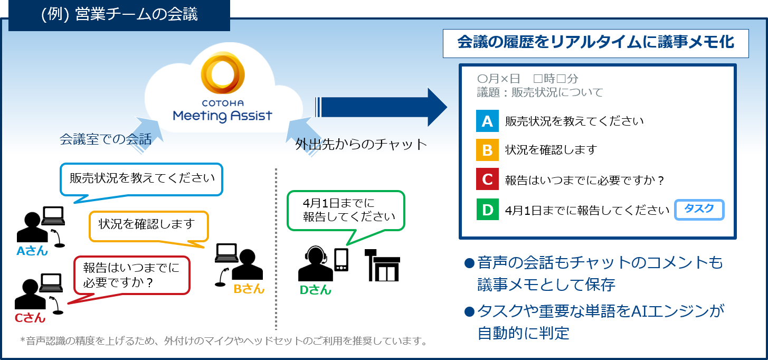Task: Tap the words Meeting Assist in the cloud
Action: click(223, 116)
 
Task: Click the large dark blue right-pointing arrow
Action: click(381, 107)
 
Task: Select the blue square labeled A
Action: click(487, 121)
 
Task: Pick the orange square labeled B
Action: click(487, 150)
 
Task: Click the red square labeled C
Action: click(487, 179)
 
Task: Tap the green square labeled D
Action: click(487, 210)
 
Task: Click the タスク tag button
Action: click(699, 210)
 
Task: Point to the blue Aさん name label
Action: click(32, 251)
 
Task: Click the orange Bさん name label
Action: click(249, 289)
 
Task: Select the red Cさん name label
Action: click(30, 318)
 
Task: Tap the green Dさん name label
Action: click(316, 290)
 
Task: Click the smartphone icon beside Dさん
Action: click(341, 260)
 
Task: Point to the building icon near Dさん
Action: click(382, 265)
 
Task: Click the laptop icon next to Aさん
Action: click(53, 216)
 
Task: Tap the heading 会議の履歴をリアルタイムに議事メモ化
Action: click(596, 43)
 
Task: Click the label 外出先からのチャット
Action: click(361, 144)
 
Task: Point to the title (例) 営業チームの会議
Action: click(119, 14)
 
